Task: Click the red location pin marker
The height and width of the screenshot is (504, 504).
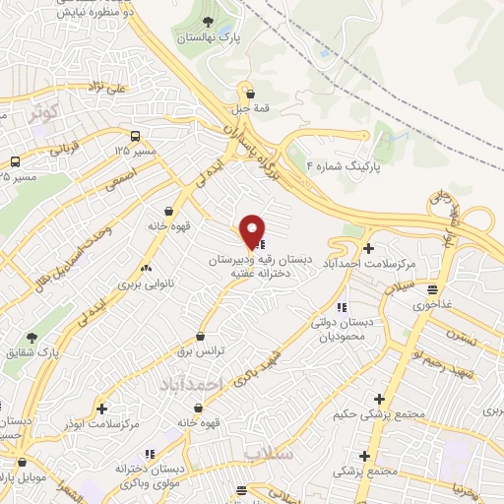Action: (253, 231)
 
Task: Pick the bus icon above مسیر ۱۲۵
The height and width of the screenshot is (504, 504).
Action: (134, 136)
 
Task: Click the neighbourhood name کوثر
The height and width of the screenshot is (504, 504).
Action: (44, 111)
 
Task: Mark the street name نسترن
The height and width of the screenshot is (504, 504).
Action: (460, 335)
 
